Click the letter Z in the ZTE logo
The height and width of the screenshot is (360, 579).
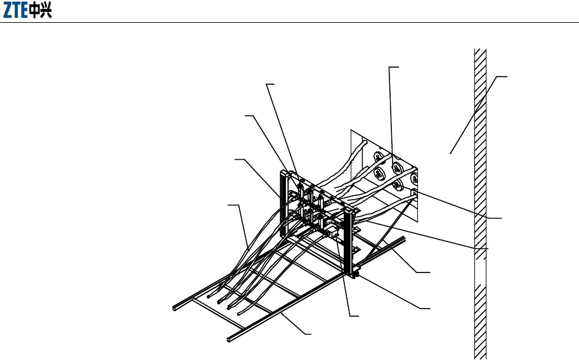coord(9,13)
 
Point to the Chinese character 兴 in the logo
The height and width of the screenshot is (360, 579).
coord(46,13)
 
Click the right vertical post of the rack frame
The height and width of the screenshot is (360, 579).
coord(347,241)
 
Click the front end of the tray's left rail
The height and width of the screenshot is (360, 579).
coord(174,309)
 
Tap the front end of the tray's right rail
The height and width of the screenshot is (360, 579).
coord(230,339)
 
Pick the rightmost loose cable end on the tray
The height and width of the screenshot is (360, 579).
coord(238,312)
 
